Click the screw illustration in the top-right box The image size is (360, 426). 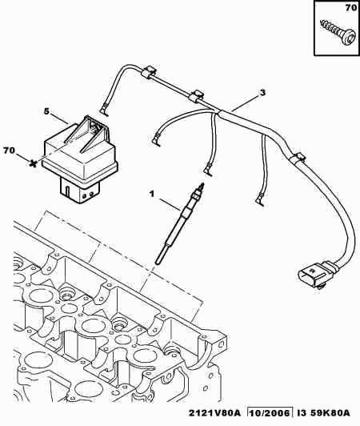[x=338, y=33]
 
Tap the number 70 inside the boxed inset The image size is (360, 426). [x=350, y=8]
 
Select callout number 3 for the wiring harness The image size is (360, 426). [x=262, y=93]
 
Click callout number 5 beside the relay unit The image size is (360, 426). [x=47, y=111]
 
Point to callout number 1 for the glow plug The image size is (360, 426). [x=151, y=194]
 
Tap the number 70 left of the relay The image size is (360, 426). [x=10, y=150]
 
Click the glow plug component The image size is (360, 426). [x=179, y=223]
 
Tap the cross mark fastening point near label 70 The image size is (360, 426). [x=33, y=163]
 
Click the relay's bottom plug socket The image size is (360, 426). [x=79, y=190]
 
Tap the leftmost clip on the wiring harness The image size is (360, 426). [x=149, y=72]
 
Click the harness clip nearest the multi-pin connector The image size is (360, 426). [x=298, y=158]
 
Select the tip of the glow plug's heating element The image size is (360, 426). [x=157, y=262]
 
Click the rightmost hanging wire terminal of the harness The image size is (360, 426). [x=259, y=200]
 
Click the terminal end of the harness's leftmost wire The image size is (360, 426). [x=104, y=111]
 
